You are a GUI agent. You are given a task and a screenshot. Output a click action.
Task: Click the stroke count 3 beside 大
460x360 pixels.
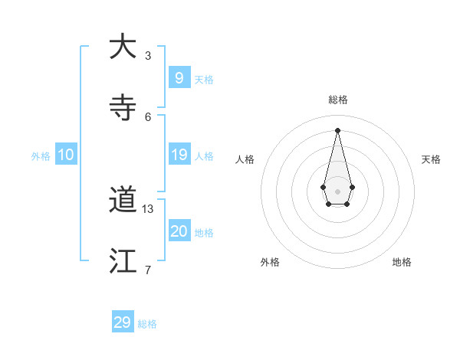(x=148, y=56)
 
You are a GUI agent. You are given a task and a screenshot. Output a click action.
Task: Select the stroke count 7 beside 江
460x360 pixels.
(x=148, y=270)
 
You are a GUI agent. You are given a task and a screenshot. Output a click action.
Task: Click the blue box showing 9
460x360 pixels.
(x=179, y=77)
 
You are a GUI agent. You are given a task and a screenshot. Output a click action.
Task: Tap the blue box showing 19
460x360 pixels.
(x=179, y=155)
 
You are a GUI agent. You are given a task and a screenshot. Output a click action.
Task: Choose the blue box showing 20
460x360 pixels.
(x=179, y=231)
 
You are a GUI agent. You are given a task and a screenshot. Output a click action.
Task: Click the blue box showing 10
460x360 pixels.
(x=66, y=155)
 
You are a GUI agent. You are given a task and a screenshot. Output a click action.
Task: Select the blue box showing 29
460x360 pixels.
(x=123, y=322)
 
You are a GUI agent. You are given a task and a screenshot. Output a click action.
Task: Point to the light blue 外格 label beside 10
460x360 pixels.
(x=41, y=156)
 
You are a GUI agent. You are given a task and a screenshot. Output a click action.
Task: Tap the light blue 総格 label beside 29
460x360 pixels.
(x=148, y=325)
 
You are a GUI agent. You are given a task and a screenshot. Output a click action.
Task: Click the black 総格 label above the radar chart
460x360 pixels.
(x=337, y=100)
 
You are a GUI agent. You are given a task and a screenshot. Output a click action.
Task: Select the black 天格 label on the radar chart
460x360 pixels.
(x=432, y=159)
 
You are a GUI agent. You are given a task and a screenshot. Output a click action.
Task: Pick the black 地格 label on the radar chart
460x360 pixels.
(x=402, y=262)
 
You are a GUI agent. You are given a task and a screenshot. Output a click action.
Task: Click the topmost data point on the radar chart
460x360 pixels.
(x=337, y=130)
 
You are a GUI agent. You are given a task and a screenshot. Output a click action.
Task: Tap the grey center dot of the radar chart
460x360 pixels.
(x=337, y=191)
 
